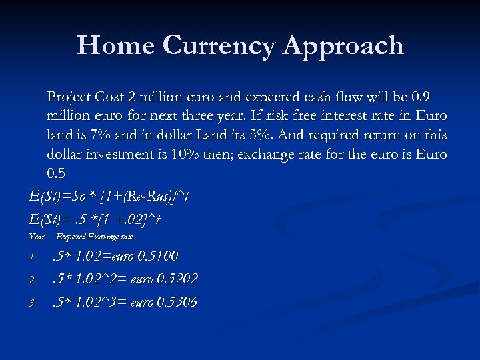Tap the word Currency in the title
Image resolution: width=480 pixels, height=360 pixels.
pyautogui.click(x=218, y=46)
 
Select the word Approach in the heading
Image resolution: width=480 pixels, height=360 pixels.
pyautogui.click(x=343, y=46)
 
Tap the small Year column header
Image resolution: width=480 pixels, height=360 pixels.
pyautogui.click(x=37, y=237)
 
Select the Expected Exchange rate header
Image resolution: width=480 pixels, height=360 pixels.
pyautogui.click(x=95, y=237)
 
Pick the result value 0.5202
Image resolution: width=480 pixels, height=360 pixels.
pyautogui.click(x=177, y=279)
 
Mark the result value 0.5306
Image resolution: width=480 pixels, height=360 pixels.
pyautogui.click(x=176, y=302)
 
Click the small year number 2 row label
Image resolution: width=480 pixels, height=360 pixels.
pyautogui.click(x=31, y=280)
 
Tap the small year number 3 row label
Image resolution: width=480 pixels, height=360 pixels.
pyautogui.click(x=31, y=303)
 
